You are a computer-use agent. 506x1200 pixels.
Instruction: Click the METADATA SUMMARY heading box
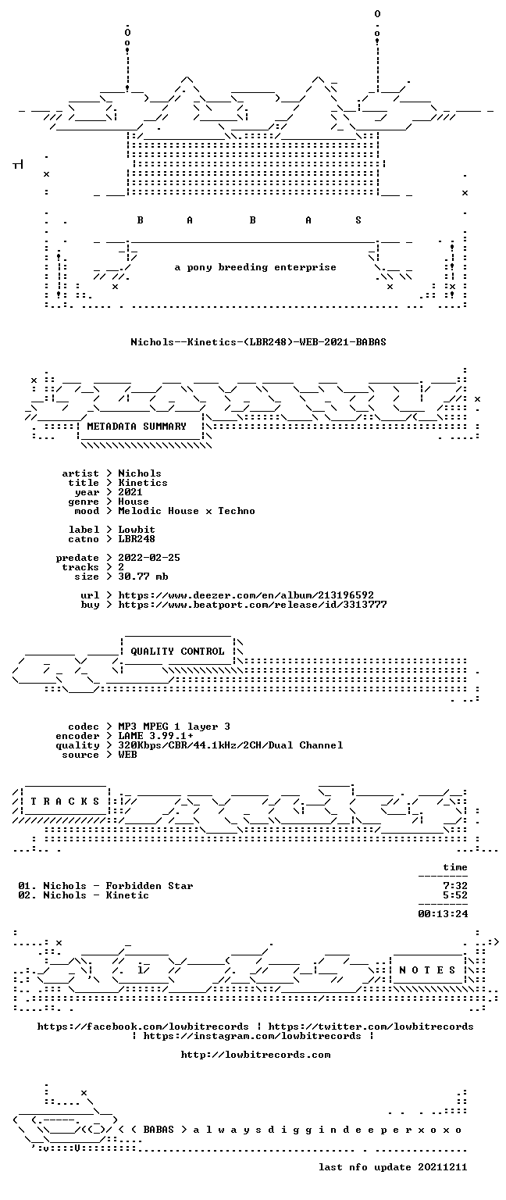click(x=137, y=427)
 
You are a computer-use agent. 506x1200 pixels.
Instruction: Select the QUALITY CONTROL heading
click(x=177, y=652)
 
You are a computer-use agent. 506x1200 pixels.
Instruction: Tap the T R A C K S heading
click(x=65, y=802)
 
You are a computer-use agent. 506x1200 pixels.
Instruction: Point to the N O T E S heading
click(x=427, y=970)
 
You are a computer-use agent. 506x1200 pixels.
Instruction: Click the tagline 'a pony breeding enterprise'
click(x=255, y=267)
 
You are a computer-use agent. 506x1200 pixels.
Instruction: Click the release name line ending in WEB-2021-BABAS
click(x=258, y=341)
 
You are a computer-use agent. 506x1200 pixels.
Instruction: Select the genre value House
click(x=134, y=502)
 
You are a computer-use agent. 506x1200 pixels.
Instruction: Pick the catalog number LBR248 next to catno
click(x=137, y=540)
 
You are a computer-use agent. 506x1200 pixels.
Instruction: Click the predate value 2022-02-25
click(x=149, y=559)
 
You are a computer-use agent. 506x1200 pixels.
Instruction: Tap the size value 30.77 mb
click(x=143, y=577)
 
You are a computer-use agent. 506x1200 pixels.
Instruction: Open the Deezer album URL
click(x=246, y=596)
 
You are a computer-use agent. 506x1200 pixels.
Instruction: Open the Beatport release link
click(x=252, y=605)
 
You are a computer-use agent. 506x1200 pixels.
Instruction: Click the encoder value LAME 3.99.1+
click(x=155, y=736)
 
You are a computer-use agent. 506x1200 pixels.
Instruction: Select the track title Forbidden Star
click(x=149, y=886)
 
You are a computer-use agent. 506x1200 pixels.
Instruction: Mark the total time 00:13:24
click(x=443, y=914)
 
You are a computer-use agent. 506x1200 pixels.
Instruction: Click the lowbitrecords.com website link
click(x=255, y=1055)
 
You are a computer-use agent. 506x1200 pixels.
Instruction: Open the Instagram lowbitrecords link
click(x=252, y=1036)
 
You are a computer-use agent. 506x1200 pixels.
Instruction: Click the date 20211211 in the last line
click(x=442, y=1167)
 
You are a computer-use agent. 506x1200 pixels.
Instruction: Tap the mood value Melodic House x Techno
click(x=187, y=511)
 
